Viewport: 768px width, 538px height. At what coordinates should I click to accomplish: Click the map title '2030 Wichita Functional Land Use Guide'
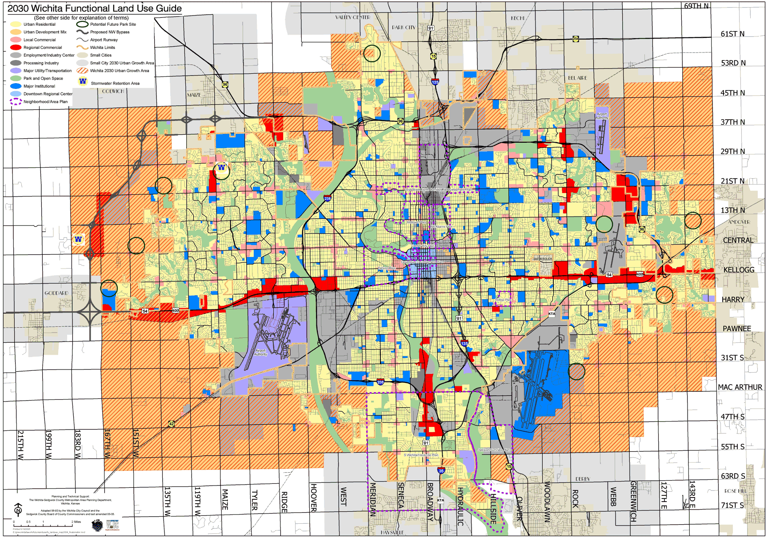coord(95,8)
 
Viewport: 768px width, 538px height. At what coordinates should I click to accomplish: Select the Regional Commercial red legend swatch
coord(16,48)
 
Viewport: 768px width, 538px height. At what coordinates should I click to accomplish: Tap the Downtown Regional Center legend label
coord(48,94)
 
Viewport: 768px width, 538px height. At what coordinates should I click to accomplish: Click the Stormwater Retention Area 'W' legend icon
coord(83,81)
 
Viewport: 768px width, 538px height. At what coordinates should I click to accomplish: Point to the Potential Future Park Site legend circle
coord(82,24)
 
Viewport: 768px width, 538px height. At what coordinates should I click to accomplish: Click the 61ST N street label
coord(732,34)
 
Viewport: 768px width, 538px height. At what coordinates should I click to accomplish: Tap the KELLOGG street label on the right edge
coord(739,270)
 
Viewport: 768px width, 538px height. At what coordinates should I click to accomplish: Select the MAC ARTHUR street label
coord(740,387)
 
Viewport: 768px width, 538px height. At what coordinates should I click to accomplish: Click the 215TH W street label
coord(20,445)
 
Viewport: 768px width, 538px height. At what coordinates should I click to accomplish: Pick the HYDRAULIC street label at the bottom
coord(460,507)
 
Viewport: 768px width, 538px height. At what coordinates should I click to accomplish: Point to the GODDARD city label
coord(56,293)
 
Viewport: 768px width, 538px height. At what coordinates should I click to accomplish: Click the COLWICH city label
coord(113,91)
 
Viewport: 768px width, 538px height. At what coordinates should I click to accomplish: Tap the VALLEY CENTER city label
coord(352,17)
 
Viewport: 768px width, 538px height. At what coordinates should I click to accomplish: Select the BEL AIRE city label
coord(577,78)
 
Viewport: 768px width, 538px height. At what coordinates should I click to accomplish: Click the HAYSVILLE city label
coord(392,532)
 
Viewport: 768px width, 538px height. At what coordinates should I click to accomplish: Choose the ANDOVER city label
coord(739,222)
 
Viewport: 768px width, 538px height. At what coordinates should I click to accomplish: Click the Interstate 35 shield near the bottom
coord(441,470)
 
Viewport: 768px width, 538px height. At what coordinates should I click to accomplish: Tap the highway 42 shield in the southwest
coord(172,424)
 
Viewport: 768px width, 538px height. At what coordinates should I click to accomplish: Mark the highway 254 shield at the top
coord(576,39)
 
